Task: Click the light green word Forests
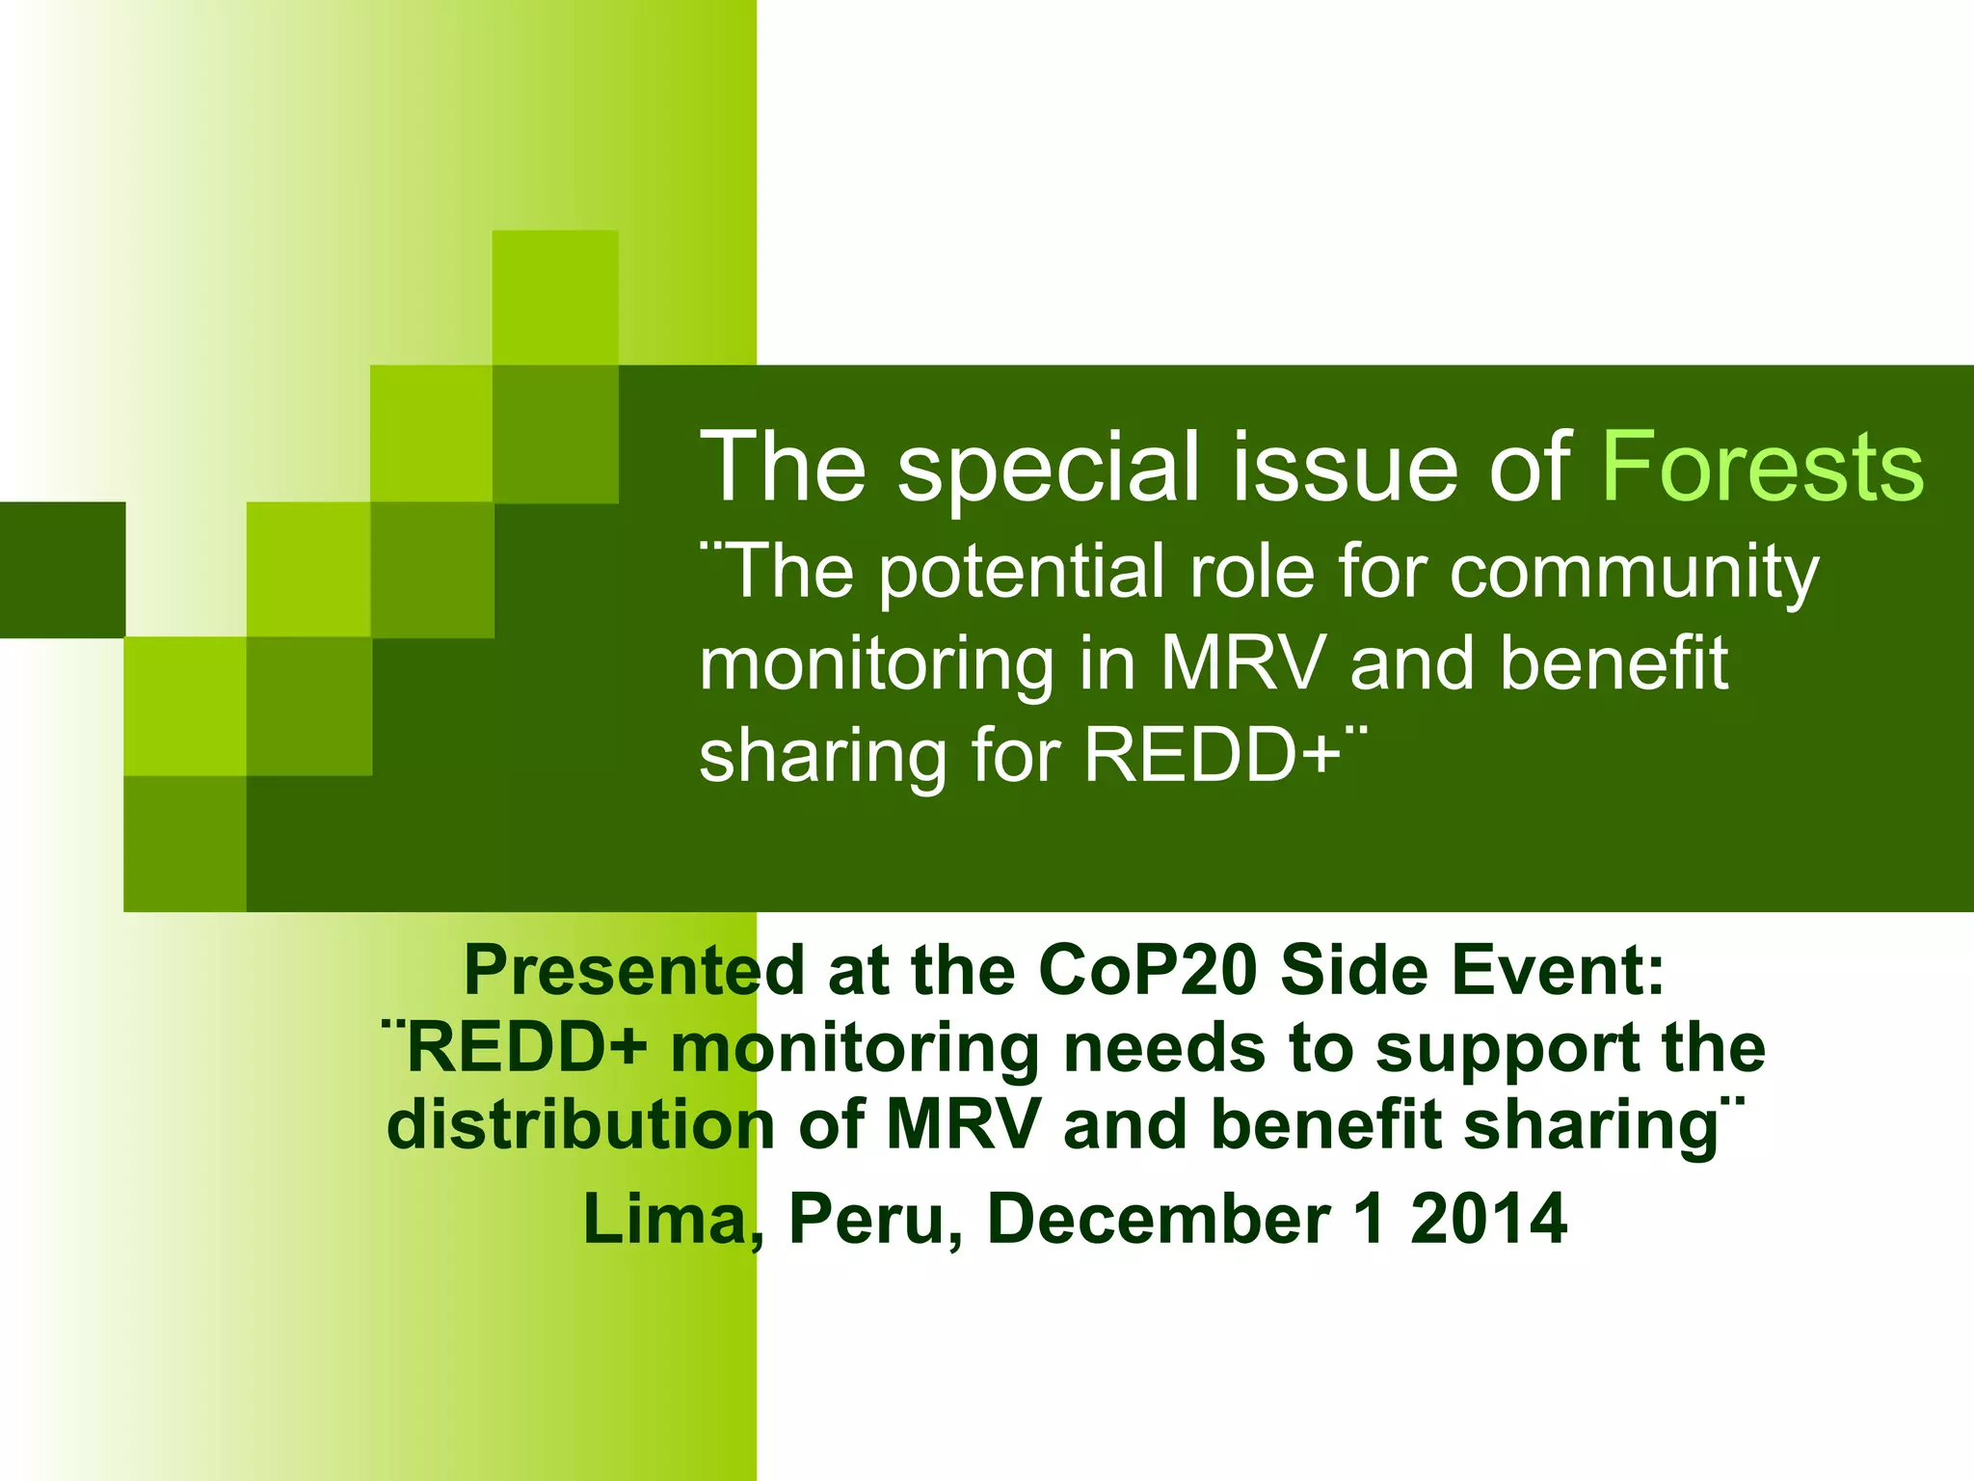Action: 1763,467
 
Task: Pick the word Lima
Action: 671,1220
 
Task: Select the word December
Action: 1159,1220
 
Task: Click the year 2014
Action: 1488,1220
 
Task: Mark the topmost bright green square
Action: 555,297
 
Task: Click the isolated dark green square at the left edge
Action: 62,570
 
